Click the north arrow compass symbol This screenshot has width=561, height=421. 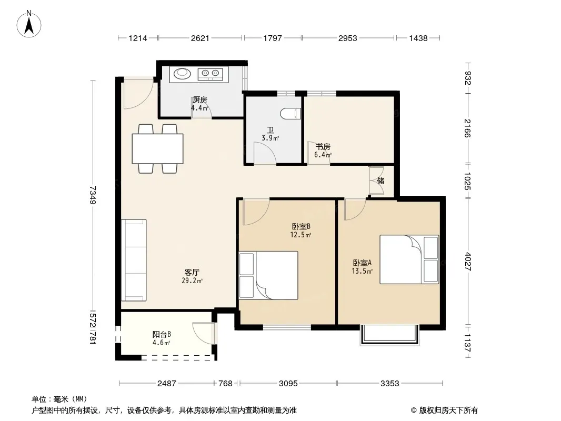coord(29,24)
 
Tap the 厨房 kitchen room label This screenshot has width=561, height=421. coord(199,100)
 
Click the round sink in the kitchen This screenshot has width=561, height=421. coord(183,74)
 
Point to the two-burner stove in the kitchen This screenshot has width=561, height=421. coord(211,74)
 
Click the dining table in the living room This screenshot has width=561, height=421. coord(157,148)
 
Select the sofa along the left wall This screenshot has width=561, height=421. coord(134,260)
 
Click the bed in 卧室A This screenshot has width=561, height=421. coord(409,259)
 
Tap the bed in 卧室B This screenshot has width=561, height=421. coord(268,275)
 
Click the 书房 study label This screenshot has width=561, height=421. coord(323,147)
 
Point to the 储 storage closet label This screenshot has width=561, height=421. coord(380,181)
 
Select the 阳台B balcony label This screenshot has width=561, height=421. coord(162,335)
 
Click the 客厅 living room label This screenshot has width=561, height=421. coord(192,273)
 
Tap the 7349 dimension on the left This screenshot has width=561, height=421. coord(93,195)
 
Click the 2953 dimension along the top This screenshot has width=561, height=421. coord(348,38)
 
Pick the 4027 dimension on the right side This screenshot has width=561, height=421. coord(468,262)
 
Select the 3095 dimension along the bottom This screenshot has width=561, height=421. coord(288,384)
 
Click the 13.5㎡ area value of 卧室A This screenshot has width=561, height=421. coord(362,271)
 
